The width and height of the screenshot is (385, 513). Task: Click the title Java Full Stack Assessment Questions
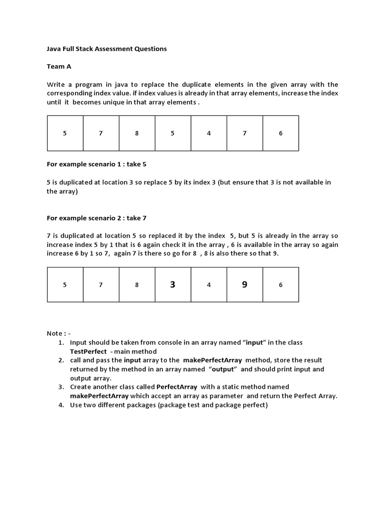pyautogui.click(x=106, y=49)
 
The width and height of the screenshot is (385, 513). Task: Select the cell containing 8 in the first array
pyautogui.click(x=137, y=133)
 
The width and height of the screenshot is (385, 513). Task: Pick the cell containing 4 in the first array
pyautogui.click(x=209, y=133)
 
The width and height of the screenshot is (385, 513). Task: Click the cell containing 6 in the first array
pyautogui.click(x=281, y=133)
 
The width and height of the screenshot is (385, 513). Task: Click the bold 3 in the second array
pyautogui.click(x=173, y=285)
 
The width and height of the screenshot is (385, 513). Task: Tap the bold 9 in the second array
pyautogui.click(x=245, y=285)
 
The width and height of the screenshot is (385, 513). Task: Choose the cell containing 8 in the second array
pyautogui.click(x=137, y=285)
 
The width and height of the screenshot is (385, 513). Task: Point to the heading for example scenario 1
pyautogui.click(x=96, y=164)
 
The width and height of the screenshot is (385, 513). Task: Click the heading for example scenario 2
pyautogui.click(x=96, y=218)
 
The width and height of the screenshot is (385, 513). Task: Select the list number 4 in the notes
pyautogui.click(x=61, y=405)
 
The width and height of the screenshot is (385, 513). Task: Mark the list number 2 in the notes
pyautogui.click(x=61, y=360)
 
